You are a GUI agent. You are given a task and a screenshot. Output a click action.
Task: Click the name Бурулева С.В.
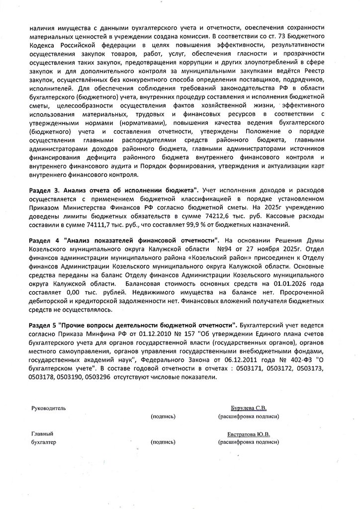point(248,408)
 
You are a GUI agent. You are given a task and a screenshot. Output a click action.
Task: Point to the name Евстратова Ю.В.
point(248,434)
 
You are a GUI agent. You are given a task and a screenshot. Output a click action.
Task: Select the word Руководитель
point(48,408)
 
